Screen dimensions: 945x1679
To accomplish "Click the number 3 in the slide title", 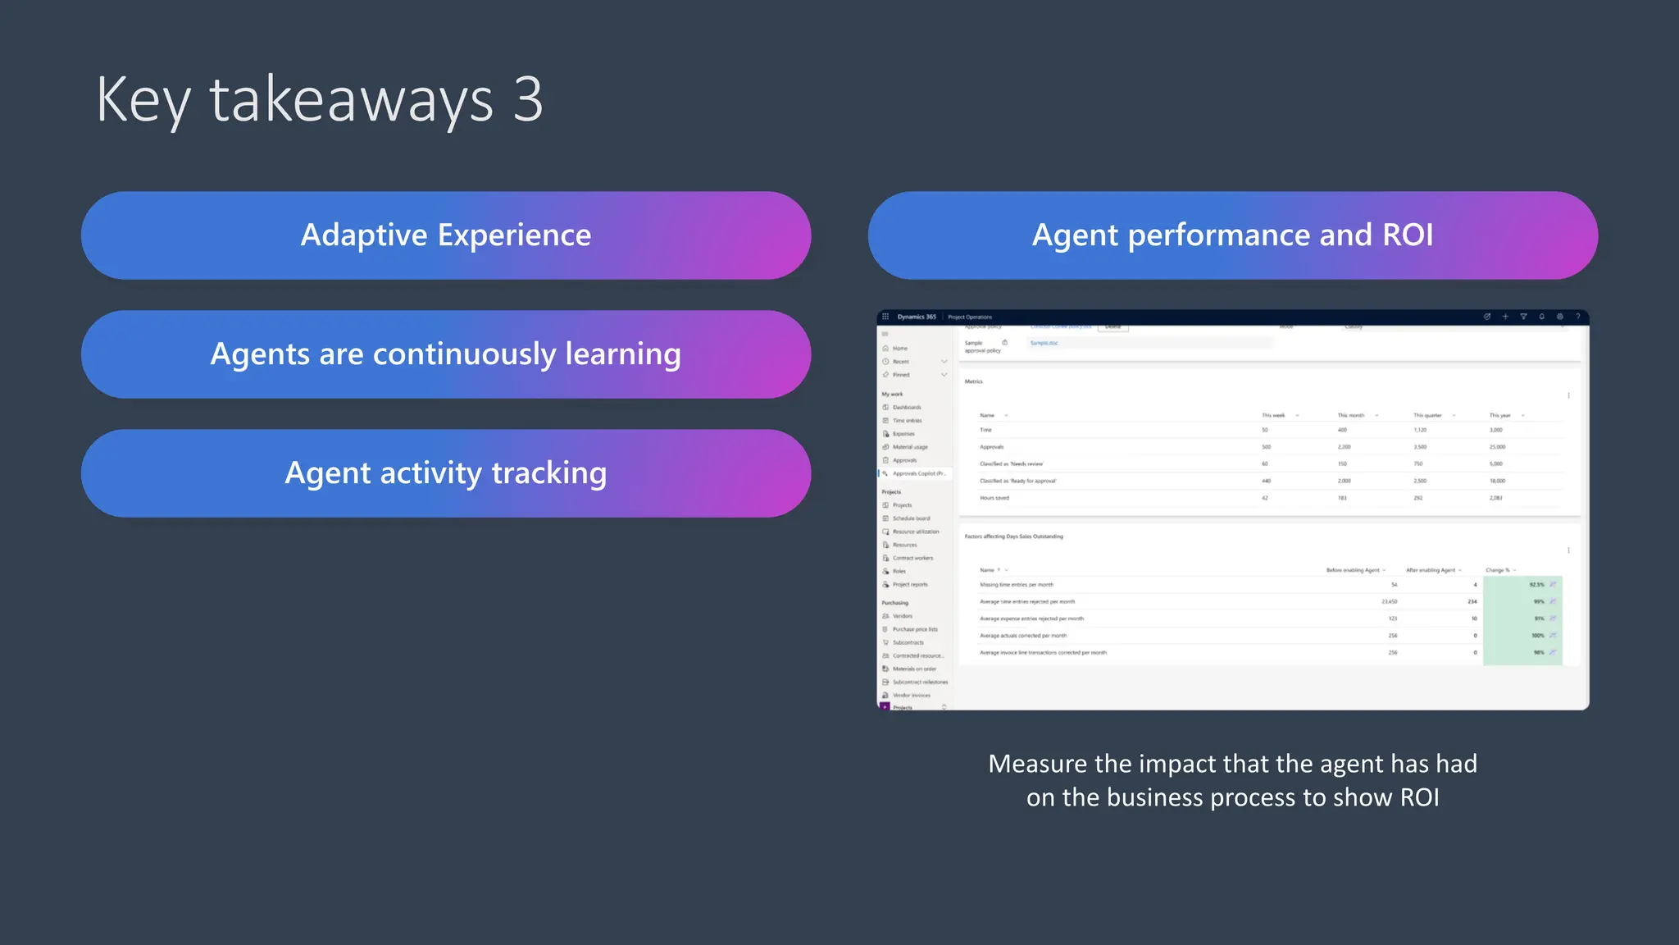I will tap(528, 100).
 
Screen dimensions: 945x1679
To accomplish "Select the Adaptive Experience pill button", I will tap(446, 235).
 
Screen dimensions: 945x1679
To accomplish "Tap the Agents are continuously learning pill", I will tap(446, 354).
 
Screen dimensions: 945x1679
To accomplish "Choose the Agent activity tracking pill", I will tap(446, 473).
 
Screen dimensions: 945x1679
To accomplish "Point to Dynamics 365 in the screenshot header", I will tap(916, 317).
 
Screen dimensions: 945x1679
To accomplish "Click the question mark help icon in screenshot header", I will tap(1577, 317).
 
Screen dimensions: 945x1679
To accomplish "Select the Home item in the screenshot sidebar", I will tap(899, 349).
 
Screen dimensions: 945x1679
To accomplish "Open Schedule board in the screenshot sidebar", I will tap(911, 518).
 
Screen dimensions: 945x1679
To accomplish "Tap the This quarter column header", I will tap(1427, 415).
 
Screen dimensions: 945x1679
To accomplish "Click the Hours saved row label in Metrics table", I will tap(994, 498).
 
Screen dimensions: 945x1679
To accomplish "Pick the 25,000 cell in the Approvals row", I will tap(1497, 447).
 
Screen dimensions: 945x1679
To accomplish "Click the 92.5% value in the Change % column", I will tap(1536, 585).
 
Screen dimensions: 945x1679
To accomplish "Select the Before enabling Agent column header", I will tap(1352, 570).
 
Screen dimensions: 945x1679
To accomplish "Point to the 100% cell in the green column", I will tap(1537, 636).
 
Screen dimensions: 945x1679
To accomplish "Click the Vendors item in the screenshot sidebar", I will tap(902, 616).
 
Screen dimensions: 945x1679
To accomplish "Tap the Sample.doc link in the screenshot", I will tap(1044, 343).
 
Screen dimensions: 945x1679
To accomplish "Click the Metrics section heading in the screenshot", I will tap(973, 381).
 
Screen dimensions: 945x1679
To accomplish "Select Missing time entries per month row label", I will tap(1016, 585).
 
